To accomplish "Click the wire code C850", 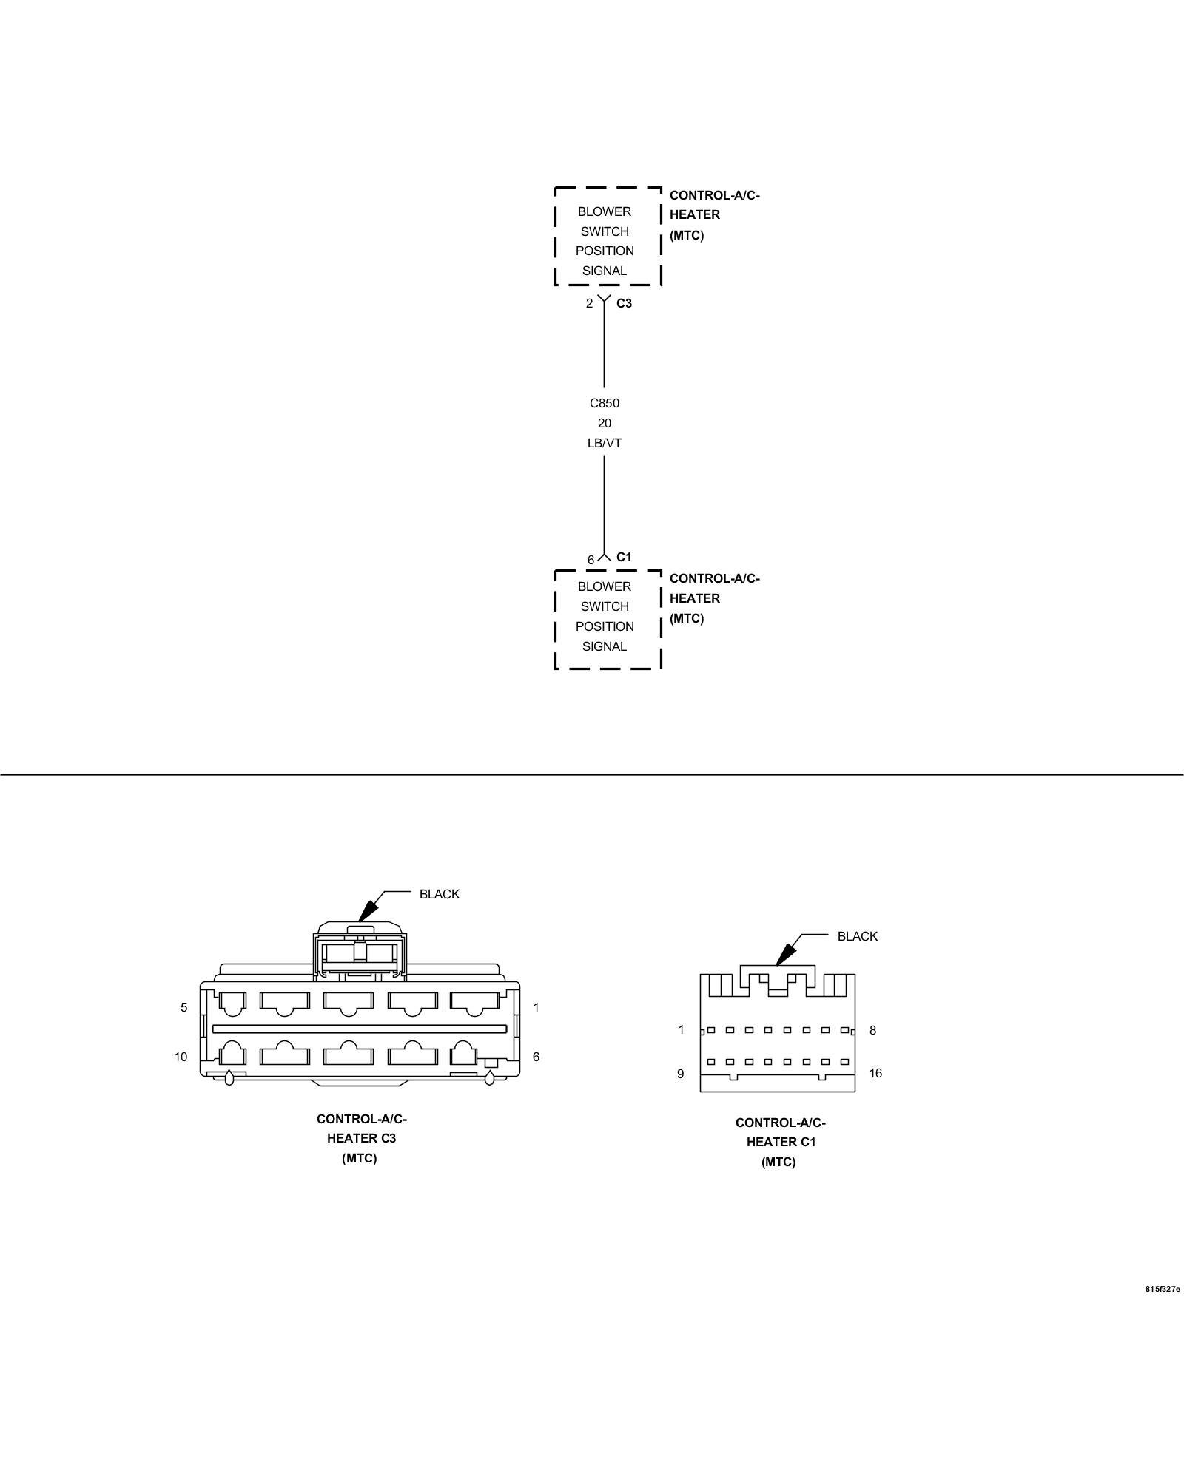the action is click(x=604, y=403).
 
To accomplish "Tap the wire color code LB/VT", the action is click(x=604, y=443).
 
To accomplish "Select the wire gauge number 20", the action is click(x=604, y=423).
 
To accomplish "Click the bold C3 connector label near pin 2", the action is click(x=624, y=303).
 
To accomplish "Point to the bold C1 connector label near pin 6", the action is click(x=624, y=557).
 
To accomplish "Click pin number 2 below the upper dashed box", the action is click(x=589, y=303).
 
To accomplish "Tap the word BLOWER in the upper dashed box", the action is click(x=604, y=211).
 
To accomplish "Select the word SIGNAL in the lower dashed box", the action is click(x=604, y=646).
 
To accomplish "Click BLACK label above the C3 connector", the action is click(x=439, y=894).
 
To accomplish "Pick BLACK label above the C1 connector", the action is click(x=857, y=936).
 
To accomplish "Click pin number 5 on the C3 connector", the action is click(x=184, y=1007).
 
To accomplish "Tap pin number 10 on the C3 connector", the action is click(x=181, y=1057).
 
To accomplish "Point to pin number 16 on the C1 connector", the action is click(x=875, y=1073).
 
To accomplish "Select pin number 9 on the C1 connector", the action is click(x=680, y=1074).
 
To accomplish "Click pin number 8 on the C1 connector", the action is click(x=872, y=1030).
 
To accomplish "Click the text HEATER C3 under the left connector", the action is click(x=361, y=1138).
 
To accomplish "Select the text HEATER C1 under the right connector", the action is click(x=781, y=1142).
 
